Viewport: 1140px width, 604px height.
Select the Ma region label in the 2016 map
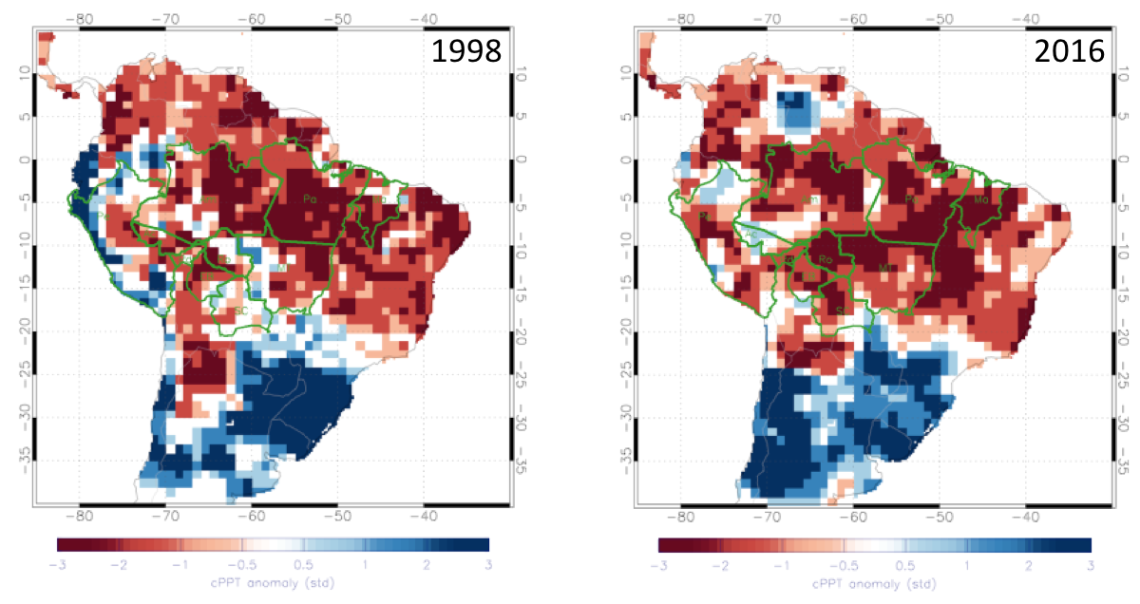pyautogui.click(x=981, y=200)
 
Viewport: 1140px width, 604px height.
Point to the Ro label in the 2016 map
pyautogui.click(x=825, y=258)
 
